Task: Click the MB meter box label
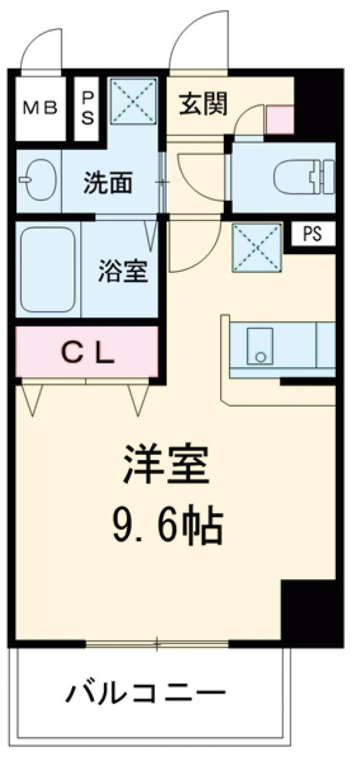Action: coord(40,107)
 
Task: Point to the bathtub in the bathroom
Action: coord(48,269)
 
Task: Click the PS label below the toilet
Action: coord(311,235)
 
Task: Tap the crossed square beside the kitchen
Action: coord(257,247)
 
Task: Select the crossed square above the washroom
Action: coord(133,101)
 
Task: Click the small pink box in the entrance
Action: coord(280,120)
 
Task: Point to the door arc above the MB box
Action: coord(42,49)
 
